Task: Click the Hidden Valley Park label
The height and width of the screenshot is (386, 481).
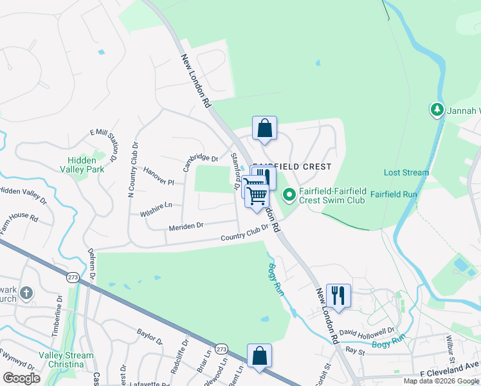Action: [x=86, y=165]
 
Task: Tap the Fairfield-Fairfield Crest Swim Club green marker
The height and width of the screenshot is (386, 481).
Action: [x=289, y=193]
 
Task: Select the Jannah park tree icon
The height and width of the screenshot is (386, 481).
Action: [x=437, y=110]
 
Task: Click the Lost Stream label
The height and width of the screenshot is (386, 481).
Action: [x=406, y=172]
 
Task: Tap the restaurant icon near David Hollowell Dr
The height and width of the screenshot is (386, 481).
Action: [x=338, y=296]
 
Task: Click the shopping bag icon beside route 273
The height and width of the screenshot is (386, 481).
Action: [x=259, y=356]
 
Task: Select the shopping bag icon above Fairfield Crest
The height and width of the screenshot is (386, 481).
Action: [x=264, y=128]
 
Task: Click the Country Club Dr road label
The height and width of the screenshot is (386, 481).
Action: [x=244, y=235]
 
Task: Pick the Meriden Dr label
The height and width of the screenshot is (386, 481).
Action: [x=186, y=225]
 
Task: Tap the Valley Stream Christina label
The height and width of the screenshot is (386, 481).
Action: [x=66, y=360]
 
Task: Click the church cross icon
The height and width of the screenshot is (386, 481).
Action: [x=26, y=293]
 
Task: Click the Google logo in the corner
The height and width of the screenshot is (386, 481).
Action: [x=22, y=378]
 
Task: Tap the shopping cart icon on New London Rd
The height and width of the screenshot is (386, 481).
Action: [x=257, y=195]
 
